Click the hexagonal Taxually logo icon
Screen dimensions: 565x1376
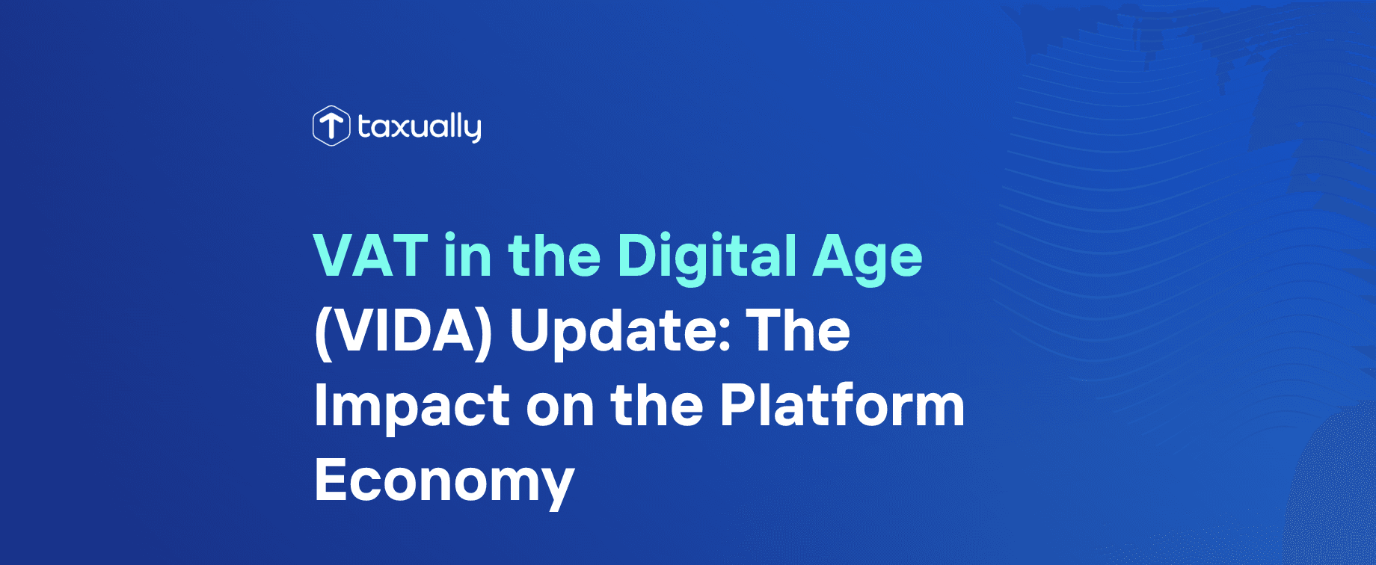(x=331, y=126)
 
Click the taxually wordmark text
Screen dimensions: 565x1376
(x=419, y=127)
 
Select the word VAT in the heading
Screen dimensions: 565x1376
(x=370, y=256)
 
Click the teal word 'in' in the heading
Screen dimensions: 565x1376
(x=467, y=256)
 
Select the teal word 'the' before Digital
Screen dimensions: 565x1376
(x=554, y=256)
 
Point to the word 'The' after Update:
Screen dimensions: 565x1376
(x=799, y=331)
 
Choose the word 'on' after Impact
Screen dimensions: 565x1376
(x=560, y=408)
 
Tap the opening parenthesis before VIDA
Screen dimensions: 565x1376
(x=322, y=333)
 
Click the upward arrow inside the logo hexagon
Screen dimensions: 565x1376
(x=331, y=125)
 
